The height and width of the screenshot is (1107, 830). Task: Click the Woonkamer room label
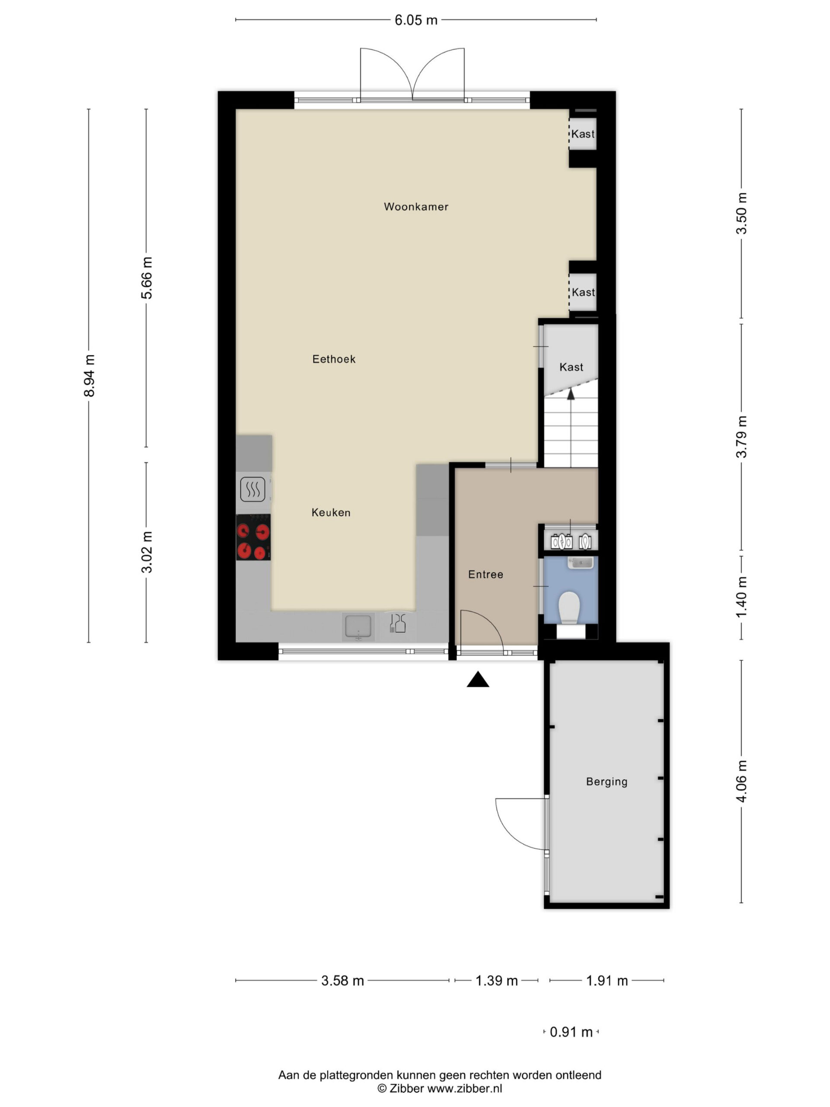pos(416,207)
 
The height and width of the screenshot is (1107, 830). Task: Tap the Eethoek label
pos(334,359)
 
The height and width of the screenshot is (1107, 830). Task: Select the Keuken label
pos(331,512)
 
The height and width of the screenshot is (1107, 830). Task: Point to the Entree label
pos(485,575)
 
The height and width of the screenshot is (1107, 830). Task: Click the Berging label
pos(607,782)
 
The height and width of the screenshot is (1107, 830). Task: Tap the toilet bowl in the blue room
pos(568,608)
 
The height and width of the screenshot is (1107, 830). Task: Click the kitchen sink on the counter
pos(358,627)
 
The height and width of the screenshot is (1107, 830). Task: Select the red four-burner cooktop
pos(253,537)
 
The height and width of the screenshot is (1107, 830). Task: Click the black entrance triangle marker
pos(478,680)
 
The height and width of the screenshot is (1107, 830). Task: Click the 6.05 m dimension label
pos(416,20)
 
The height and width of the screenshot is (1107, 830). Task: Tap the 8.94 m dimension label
pos(89,375)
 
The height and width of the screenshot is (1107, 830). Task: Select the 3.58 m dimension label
pos(342,980)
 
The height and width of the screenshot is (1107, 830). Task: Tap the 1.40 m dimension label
pos(741,597)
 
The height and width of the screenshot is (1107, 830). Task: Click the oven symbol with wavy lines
pos(252,490)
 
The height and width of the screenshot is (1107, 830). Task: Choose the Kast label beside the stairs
pos(571,367)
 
